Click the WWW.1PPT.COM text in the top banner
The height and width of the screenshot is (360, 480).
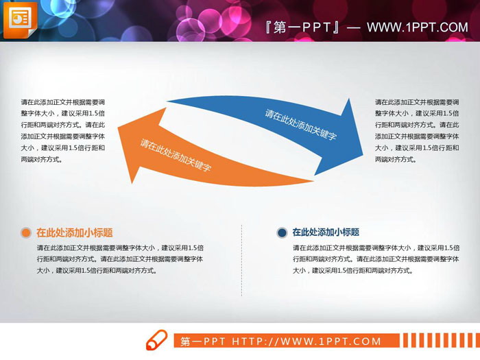pos(417,27)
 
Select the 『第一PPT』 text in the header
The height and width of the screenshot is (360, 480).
pos(302,27)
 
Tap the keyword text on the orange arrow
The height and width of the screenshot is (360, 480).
pos(176,155)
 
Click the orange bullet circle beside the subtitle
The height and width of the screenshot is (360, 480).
pos(25,232)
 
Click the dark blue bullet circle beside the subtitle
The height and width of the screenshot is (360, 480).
pos(282,232)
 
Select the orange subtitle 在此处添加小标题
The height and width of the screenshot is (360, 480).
pos(74,232)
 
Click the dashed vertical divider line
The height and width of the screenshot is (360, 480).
pos(241,261)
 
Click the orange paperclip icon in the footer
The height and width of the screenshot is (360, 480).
pos(157,340)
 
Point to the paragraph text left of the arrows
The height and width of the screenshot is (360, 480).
pos(62,130)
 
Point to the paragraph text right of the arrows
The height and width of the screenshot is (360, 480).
pos(417,130)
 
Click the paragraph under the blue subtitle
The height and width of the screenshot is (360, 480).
pos(374,259)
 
